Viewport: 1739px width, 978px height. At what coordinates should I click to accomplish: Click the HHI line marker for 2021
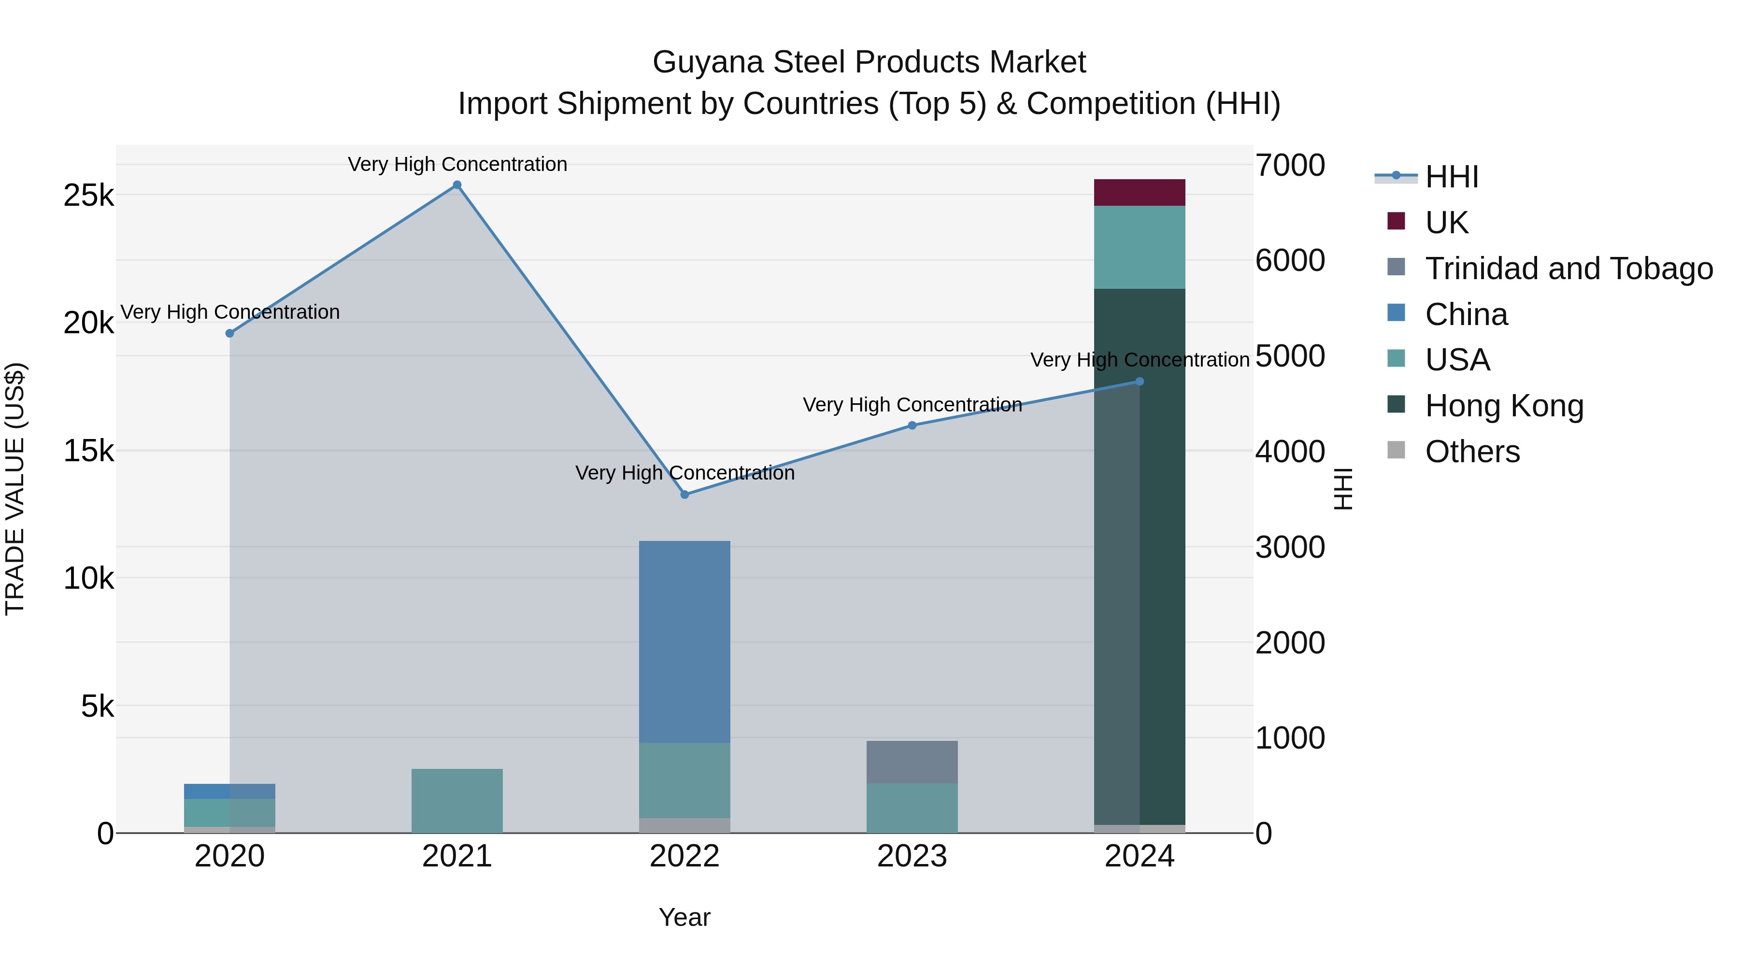(x=457, y=185)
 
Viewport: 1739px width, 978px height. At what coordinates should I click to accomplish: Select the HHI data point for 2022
(x=684, y=495)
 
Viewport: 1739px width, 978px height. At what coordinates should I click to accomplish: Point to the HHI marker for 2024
(x=1140, y=382)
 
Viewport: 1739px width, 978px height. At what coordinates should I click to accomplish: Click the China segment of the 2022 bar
(x=684, y=641)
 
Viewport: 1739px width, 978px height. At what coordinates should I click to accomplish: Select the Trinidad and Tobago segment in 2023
(x=912, y=762)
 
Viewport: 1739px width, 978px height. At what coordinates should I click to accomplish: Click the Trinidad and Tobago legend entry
(x=1568, y=269)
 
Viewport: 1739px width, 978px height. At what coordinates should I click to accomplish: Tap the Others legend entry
(x=1472, y=452)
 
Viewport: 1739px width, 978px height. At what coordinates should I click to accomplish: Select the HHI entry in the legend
(x=1452, y=177)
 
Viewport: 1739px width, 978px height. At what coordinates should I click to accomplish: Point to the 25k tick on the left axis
(x=88, y=196)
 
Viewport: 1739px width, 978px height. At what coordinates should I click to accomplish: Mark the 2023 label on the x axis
(x=912, y=856)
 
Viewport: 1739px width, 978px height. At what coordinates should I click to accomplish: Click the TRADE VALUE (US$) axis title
(x=15, y=489)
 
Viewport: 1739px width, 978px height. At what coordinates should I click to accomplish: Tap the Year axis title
(x=684, y=917)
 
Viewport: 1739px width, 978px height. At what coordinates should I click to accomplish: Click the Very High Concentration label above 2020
(x=230, y=312)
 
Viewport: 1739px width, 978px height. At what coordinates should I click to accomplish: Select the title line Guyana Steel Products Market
(x=869, y=62)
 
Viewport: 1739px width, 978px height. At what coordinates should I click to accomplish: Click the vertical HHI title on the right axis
(x=1343, y=489)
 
